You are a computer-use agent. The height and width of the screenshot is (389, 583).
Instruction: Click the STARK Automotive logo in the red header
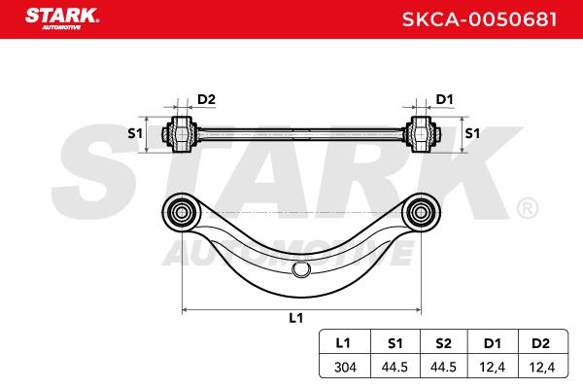62,18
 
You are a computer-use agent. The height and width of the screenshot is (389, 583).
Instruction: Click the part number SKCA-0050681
479,19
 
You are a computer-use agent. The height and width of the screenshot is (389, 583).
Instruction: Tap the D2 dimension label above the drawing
206,99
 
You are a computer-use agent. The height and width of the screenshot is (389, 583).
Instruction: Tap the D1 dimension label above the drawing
444,99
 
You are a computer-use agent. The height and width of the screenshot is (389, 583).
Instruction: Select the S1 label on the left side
135,133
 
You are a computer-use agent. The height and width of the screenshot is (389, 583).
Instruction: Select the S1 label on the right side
472,133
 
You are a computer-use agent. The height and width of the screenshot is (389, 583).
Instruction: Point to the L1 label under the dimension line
296,318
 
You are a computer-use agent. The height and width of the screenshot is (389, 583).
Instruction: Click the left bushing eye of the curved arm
181,213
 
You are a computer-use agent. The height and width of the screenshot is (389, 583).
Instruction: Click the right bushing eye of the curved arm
421,213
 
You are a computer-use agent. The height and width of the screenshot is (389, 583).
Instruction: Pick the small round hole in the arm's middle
301,269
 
